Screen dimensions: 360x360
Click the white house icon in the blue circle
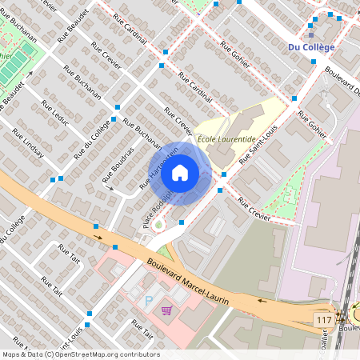(180, 173)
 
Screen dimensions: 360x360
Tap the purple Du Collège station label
(311, 47)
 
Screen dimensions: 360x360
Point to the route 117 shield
(323, 320)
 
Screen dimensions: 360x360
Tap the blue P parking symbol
(148, 301)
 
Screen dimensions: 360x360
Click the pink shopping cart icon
(167, 310)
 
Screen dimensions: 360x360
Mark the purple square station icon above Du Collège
(311, 34)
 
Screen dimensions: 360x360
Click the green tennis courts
(16, 64)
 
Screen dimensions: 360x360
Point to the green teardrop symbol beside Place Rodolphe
(158, 225)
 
